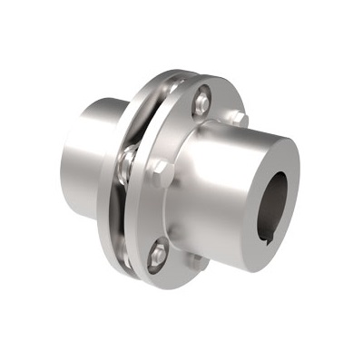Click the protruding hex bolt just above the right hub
pyautogui.click(x=239, y=117)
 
